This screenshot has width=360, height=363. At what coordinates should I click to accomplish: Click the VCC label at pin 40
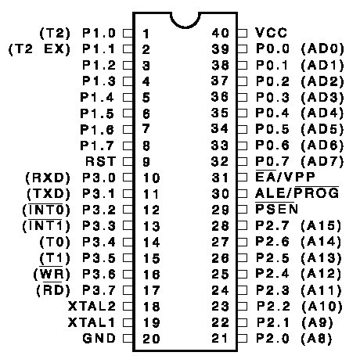(271, 33)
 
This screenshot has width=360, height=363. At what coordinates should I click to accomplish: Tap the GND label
(99, 338)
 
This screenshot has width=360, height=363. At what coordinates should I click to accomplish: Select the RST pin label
(101, 161)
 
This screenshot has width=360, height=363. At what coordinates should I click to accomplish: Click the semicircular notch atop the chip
(185, 20)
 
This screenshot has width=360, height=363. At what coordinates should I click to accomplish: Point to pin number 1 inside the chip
(146, 34)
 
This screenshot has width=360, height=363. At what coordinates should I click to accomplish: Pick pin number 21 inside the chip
(220, 338)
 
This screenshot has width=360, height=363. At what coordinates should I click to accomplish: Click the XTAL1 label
(92, 322)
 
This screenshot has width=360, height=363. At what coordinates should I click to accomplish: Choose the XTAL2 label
(92, 306)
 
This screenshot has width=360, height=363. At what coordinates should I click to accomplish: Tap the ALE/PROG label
(297, 193)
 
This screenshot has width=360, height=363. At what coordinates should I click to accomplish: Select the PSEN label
(276, 209)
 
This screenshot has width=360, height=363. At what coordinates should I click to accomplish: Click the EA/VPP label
(285, 177)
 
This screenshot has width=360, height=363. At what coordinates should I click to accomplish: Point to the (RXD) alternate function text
(48, 178)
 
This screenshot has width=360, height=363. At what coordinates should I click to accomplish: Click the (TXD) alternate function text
(49, 194)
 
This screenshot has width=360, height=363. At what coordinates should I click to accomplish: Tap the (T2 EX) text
(40, 49)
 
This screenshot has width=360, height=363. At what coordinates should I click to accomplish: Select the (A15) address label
(321, 225)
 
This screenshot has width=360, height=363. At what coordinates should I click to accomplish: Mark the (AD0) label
(322, 49)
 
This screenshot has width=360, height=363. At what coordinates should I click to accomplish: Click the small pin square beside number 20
(128, 338)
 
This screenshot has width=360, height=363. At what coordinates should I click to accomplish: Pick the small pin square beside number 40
(243, 33)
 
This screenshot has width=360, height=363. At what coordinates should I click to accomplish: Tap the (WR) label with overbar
(52, 274)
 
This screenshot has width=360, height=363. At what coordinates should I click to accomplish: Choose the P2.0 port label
(272, 338)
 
